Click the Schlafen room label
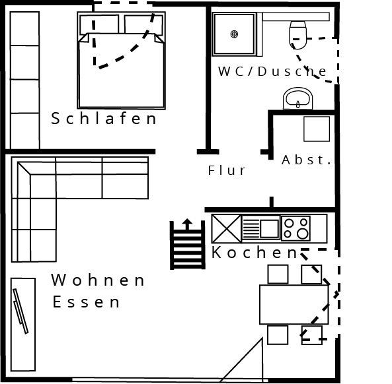click(x=104, y=118)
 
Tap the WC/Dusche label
click(x=272, y=71)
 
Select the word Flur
click(x=227, y=170)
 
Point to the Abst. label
click(x=306, y=160)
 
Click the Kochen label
click(x=255, y=252)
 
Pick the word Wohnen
click(x=98, y=280)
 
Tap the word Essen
click(x=86, y=302)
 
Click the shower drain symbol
click(x=234, y=34)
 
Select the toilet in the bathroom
click(x=297, y=35)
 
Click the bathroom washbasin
click(x=297, y=99)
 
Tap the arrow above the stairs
click(x=187, y=224)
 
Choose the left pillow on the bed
click(x=99, y=24)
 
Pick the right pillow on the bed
click(x=143, y=24)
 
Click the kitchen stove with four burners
click(x=295, y=228)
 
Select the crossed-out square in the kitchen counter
click(x=226, y=229)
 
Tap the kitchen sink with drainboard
click(x=260, y=228)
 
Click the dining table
click(x=294, y=304)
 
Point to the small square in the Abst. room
click(x=317, y=129)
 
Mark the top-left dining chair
click(x=278, y=274)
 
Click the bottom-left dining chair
click(x=278, y=335)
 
